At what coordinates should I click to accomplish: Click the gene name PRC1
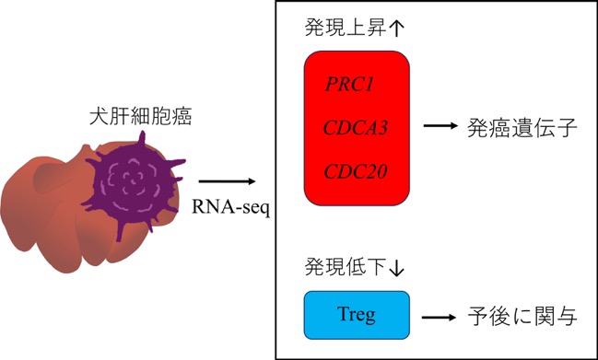(x=349, y=84)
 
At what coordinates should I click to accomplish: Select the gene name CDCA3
(x=356, y=128)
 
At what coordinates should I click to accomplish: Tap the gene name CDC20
(x=356, y=171)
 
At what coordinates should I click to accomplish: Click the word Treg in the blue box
(x=357, y=315)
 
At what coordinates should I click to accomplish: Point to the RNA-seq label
(x=230, y=208)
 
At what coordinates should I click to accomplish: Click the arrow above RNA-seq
(x=227, y=181)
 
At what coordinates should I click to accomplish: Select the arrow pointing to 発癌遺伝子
(x=440, y=126)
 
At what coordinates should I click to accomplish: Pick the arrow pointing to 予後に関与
(x=439, y=318)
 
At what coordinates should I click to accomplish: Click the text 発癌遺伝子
(x=522, y=128)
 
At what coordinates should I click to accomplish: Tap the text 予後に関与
(x=522, y=317)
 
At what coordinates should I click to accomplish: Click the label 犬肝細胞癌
(x=140, y=116)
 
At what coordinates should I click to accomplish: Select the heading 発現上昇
(x=346, y=28)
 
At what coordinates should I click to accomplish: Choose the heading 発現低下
(x=346, y=267)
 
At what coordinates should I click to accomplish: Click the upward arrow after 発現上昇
(x=397, y=29)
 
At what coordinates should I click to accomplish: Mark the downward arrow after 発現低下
(x=396, y=267)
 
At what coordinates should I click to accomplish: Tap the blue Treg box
(x=357, y=315)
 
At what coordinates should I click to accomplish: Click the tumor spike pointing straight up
(x=142, y=139)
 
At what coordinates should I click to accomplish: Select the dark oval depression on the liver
(x=57, y=177)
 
